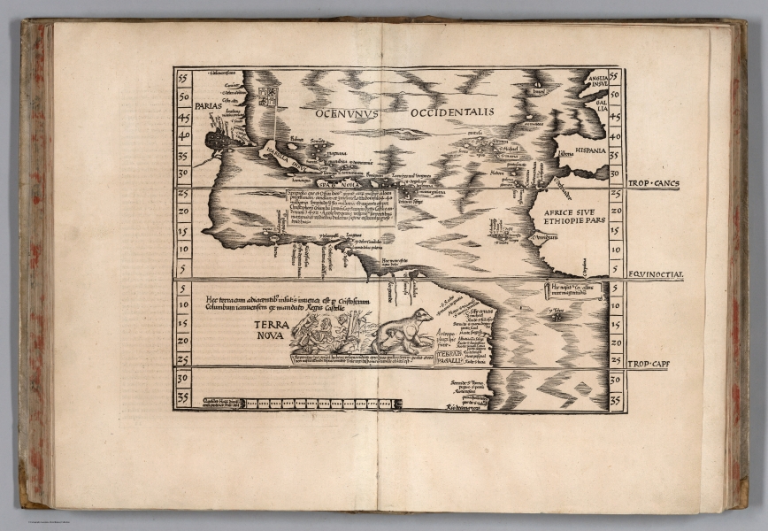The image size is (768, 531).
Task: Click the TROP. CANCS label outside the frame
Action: click(x=655, y=184)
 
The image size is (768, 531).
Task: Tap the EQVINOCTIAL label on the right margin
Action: click(x=656, y=274)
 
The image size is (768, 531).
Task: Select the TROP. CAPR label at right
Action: click(x=655, y=365)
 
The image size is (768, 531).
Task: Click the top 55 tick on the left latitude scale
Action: click(x=183, y=78)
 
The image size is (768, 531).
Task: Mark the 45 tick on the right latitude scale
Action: click(x=615, y=115)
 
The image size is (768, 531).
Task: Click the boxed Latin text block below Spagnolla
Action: click(x=341, y=207)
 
